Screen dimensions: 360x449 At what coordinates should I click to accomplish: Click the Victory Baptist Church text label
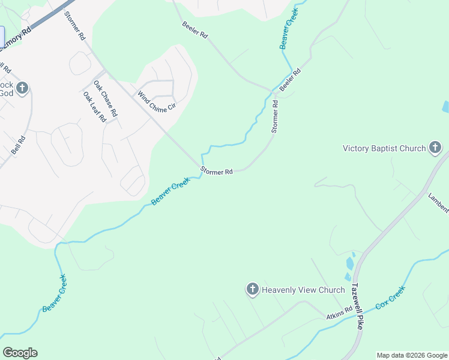[x=384, y=148]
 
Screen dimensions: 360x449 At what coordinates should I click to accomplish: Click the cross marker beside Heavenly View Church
[x=252, y=290]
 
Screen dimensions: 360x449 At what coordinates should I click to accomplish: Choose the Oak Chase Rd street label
[x=105, y=100]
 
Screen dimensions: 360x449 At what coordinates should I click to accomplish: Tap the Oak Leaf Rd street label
[x=95, y=107]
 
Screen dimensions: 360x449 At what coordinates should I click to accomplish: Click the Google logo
[x=20, y=353]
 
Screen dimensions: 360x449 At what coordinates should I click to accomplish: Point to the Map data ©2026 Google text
[x=412, y=355]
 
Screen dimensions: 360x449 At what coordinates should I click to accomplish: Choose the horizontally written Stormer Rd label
[x=217, y=172]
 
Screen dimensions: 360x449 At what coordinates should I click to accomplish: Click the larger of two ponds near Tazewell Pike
[x=350, y=263]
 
